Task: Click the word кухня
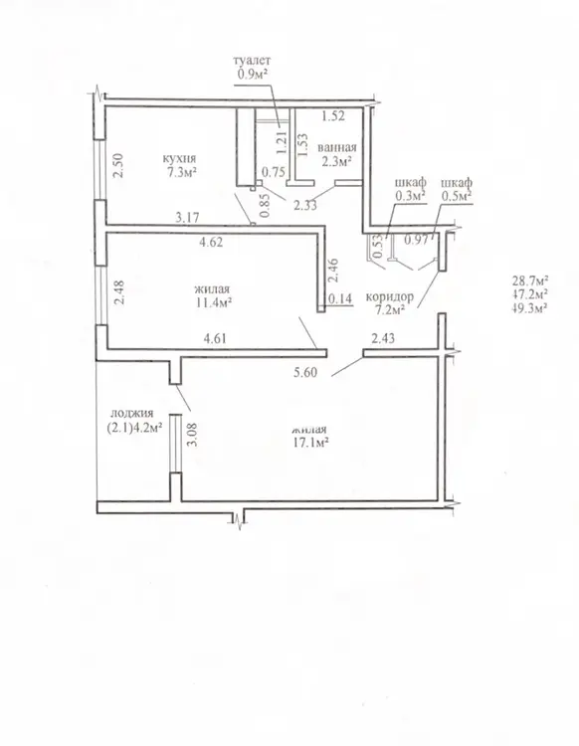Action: coord(179,158)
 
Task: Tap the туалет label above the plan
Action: coord(252,61)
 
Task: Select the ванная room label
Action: coord(337,147)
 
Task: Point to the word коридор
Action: coord(390,296)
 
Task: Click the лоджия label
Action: coord(131,414)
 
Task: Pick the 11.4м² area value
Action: coord(212,302)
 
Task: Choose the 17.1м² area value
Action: coord(311,444)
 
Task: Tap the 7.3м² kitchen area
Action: coord(179,172)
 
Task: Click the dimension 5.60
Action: coord(305,373)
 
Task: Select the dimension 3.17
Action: coord(187,218)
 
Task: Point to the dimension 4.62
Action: coord(211,242)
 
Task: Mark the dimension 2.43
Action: coord(382,338)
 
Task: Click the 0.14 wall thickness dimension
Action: coord(340,298)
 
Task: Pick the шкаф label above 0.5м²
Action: coord(457,183)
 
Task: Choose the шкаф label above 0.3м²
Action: coord(410,183)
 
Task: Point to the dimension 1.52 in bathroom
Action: coord(333,116)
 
